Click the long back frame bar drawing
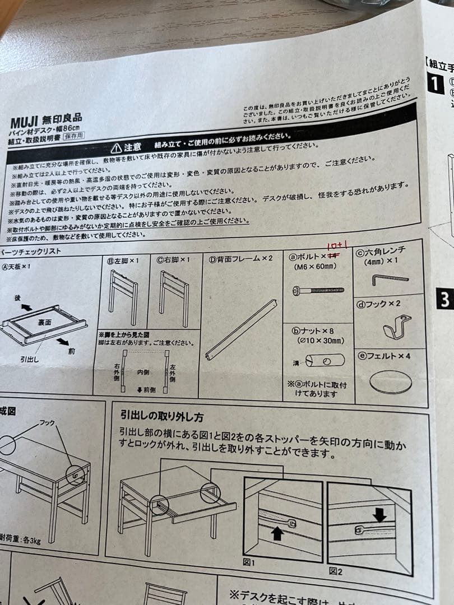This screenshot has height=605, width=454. click(x=241, y=330)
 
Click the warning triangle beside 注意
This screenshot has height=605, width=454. click(x=115, y=148)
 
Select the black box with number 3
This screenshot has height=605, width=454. click(x=444, y=299)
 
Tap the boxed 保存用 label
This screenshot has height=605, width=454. click(x=72, y=136)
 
